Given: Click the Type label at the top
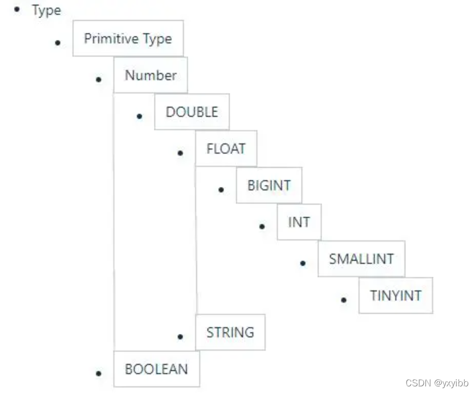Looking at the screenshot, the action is tap(46, 11).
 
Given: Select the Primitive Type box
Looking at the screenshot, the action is tap(128, 38).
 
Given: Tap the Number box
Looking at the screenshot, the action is tap(151, 75).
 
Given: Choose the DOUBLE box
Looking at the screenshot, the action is tap(192, 112).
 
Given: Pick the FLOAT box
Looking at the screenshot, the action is tap(226, 149).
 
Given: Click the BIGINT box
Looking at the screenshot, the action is tap(269, 185).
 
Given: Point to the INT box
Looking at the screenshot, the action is tap(299, 222).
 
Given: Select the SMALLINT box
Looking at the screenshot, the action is tap(361, 259).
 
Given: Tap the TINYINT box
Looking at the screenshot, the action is tap(396, 296).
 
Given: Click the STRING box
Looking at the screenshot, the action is tap(230, 332).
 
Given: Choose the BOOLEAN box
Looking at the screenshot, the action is tap(157, 369).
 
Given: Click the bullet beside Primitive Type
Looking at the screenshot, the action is tap(58, 43).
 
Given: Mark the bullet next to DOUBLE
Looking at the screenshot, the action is tap(139, 116).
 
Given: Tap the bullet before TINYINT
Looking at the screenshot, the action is tap(344, 300).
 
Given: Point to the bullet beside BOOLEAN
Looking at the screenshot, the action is tap(99, 373).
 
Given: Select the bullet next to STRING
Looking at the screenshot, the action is tap(180, 336).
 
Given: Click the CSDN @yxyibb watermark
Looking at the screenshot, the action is tap(437, 383).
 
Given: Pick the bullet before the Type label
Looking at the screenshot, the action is tap(17, 9).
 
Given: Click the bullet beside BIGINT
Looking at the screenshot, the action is tap(221, 190).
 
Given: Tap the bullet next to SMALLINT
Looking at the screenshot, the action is tap(303, 263).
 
